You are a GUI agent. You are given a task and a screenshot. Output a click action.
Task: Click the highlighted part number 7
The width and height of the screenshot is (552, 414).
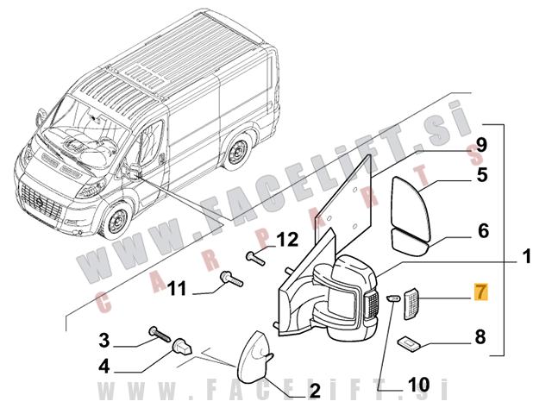[480, 294]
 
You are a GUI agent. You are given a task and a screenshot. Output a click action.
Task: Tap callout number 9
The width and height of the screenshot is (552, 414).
[481, 143]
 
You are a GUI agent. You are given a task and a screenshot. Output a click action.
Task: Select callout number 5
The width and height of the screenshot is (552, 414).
[482, 175]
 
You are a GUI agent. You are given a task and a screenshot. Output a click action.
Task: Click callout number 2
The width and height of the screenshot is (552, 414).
[314, 391]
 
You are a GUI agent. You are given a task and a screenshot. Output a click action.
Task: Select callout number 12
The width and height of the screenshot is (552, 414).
[286, 238]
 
